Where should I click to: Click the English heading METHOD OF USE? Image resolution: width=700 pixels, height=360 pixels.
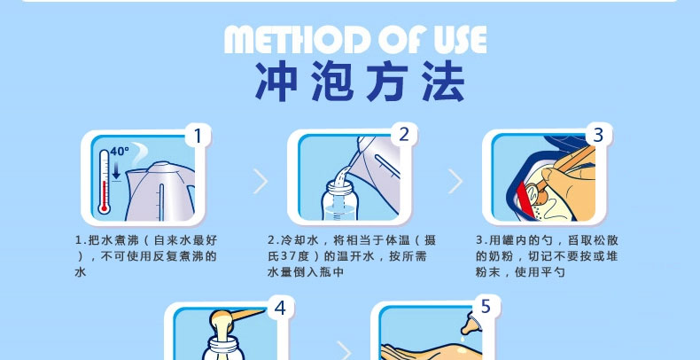click(355, 40)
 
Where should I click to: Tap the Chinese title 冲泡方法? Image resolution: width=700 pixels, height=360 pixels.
click(360, 81)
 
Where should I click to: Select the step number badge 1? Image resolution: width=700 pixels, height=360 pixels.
click(198, 135)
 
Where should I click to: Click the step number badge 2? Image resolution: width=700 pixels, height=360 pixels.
click(403, 134)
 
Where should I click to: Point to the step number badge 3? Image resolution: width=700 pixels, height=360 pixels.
click(598, 134)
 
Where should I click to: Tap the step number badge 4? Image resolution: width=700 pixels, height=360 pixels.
click(280, 308)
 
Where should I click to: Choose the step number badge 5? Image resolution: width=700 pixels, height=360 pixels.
click(486, 307)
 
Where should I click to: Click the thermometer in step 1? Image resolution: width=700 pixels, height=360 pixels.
click(104, 182)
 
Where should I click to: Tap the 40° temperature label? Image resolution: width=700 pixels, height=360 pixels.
click(120, 152)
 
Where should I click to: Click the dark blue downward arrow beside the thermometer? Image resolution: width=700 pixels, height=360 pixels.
click(116, 170)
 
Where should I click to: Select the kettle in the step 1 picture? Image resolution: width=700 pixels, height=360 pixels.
click(159, 192)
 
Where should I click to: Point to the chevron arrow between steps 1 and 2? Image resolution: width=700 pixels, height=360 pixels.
click(261, 182)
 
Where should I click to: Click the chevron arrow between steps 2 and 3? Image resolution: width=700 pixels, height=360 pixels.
click(455, 182)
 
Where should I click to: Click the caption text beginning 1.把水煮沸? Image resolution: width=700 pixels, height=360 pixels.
click(146, 256)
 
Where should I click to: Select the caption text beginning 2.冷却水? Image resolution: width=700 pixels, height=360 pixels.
click(352, 256)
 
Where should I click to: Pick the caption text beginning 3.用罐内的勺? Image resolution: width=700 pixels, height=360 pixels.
click(547, 256)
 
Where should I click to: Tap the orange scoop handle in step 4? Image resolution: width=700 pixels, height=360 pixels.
click(249, 315)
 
